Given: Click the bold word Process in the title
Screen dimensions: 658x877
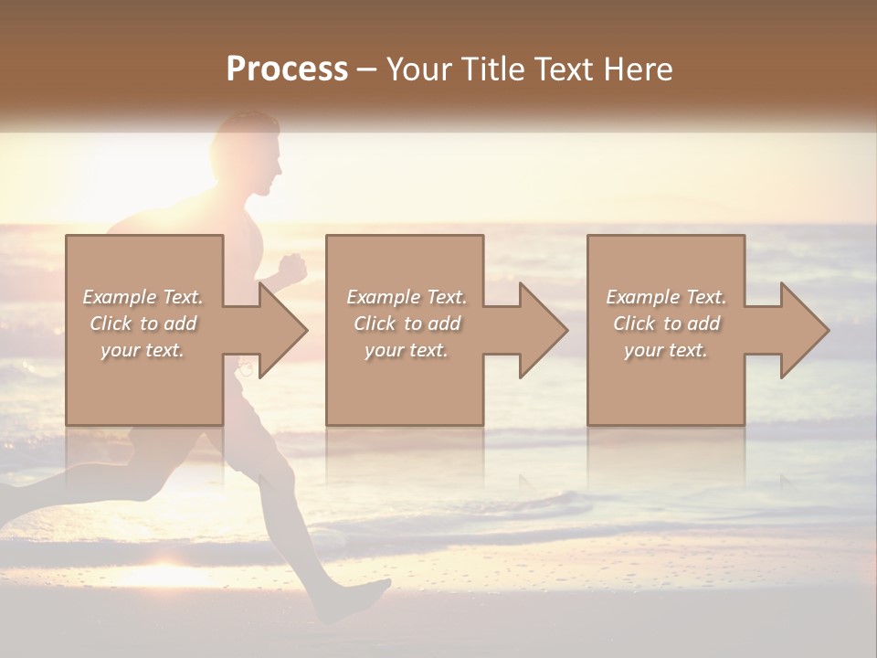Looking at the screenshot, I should (x=287, y=69).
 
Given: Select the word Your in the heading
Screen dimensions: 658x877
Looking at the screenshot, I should (x=418, y=69).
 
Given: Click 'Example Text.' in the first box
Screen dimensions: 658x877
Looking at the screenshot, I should (x=143, y=297).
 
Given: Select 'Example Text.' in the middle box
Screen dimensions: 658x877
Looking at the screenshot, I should (x=407, y=297).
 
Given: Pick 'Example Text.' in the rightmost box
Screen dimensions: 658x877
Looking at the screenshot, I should (x=666, y=297).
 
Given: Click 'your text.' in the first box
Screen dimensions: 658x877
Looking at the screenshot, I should (x=143, y=350).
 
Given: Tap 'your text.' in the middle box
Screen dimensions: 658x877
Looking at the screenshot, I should (x=407, y=350).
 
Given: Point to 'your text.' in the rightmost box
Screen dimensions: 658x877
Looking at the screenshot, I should (x=666, y=350).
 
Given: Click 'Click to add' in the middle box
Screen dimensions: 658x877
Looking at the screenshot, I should (x=407, y=324).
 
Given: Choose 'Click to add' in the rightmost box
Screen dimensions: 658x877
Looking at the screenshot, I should (x=666, y=324).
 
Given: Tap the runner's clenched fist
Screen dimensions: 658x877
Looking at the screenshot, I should (x=291, y=270).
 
